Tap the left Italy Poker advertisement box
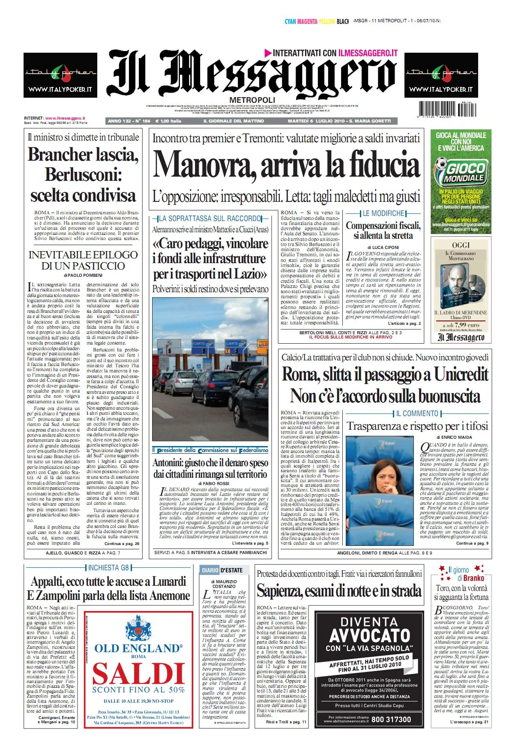point(60,75)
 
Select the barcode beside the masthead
point(446,109)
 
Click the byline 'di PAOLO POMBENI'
point(83,275)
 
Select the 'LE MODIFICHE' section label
point(383,213)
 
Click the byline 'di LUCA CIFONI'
point(383,247)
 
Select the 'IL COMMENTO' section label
point(417,413)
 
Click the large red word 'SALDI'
point(138,673)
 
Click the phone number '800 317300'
point(391,719)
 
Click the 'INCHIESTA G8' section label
point(108,568)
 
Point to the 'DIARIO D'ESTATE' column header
point(222,570)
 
